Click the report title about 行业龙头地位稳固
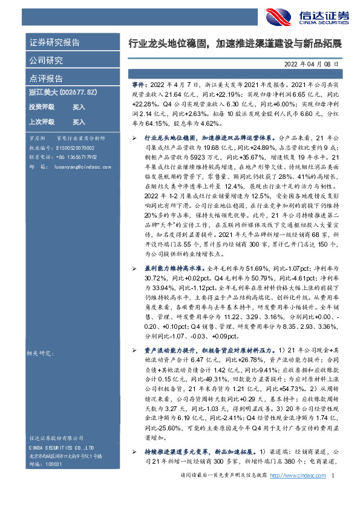tap(235, 44)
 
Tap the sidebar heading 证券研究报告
tap(54, 43)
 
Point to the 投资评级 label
tap(41, 107)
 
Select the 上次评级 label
tap(41, 122)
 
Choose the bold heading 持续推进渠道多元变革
tap(175, 452)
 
